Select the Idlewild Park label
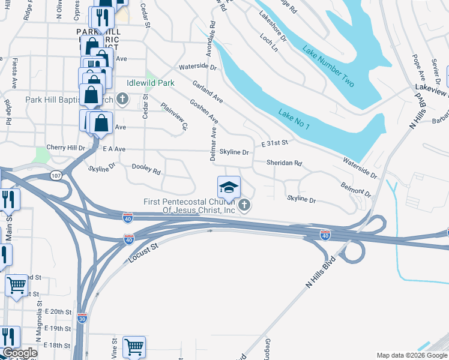click(x=150, y=83)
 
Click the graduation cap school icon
click(x=229, y=187)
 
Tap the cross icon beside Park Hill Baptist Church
click(x=122, y=98)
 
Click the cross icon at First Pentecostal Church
click(x=244, y=206)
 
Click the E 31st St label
click(x=275, y=143)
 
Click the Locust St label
click(x=143, y=254)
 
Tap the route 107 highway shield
click(x=56, y=176)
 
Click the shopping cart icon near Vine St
click(x=134, y=347)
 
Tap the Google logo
click(x=19, y=353)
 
